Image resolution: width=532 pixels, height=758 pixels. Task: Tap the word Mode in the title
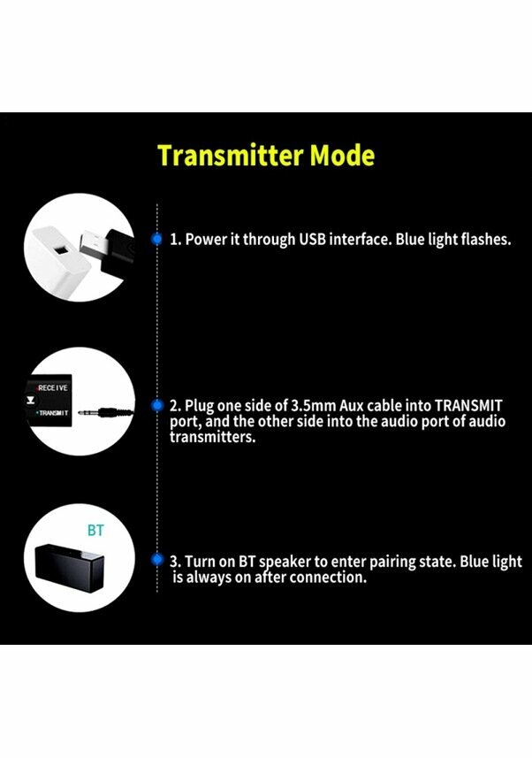pyautogui.click(x=342, y=156)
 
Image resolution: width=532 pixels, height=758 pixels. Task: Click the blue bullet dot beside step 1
pyautogui.click(x=157, y=239)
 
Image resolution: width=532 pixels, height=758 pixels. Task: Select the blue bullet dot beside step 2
pyautogui.click(x=157, y=405)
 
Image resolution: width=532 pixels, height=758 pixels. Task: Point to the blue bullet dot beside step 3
pyautogui.click(x=157, y=561)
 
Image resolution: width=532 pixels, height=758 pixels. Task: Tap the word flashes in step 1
pyautogui.click(x=483, y=239)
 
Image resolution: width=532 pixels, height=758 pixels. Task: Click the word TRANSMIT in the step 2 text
pyautogui.click(x=464, y=405)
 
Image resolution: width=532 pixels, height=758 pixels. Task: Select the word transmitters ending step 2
pyautogui.click(x=212, y=437)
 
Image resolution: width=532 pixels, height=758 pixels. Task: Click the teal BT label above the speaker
pyautogui.click(x=95, y=531)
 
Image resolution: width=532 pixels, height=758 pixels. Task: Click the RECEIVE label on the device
pyautogui.click(x=55, y=388)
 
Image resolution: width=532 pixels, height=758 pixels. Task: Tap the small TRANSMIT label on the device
pyautogui.click(x=55, y=413)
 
